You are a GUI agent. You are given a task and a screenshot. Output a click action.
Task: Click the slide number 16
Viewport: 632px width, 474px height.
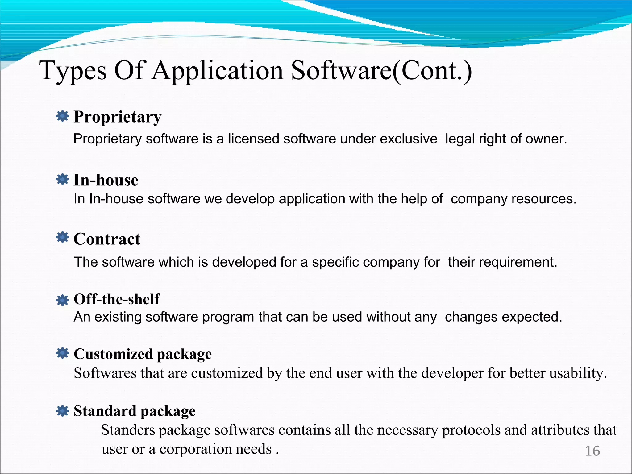tap(592, 451)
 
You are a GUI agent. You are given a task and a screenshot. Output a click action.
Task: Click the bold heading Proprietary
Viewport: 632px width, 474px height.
tap(117, 117)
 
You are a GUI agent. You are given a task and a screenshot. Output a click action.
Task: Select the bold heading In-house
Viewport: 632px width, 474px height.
tap(106, 180)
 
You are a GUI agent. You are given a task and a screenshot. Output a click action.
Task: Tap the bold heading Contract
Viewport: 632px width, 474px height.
tap(107, 239)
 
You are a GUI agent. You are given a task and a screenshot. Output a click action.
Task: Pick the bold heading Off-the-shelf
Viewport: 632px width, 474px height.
tap(117, 299)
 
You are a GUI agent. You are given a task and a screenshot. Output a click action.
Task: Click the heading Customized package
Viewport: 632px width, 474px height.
tap(143, 354)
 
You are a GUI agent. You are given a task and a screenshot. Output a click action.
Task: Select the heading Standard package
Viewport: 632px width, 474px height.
tap(135, 411)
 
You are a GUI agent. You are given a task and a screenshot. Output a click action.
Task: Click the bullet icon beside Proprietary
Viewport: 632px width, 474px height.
tap(63, 116)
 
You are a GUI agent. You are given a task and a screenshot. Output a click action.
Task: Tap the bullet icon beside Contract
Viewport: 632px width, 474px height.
tap(63, 237)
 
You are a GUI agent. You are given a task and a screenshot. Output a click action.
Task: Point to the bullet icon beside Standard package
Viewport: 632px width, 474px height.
tap(63, 411)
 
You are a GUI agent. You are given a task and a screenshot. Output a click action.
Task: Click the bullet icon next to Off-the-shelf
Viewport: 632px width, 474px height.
tap(63, 300)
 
